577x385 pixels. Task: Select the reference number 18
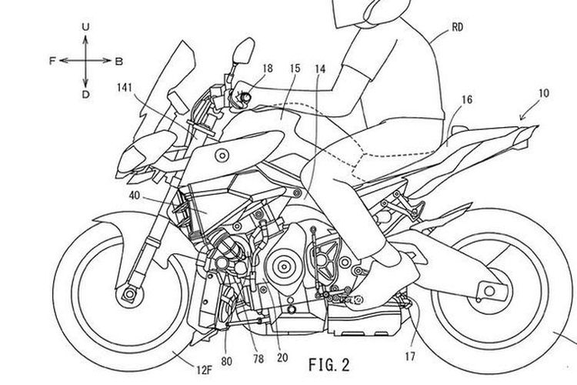click(266, 69)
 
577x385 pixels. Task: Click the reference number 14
click(319, 69)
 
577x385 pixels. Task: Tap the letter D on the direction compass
click(85, 94)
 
